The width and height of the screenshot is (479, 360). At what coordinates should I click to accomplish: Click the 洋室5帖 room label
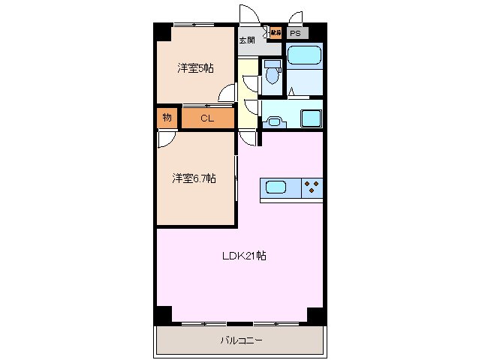coord(195,68)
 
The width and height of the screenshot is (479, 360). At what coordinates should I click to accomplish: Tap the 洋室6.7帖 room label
coord(194,178)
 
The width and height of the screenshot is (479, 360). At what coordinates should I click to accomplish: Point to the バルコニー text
coord(242,340)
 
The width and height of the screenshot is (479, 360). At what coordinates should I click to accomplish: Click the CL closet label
coord(208,118)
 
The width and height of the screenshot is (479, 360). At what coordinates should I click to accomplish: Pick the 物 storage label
coord(167,117)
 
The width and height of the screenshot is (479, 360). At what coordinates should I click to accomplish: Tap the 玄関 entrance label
coord(247,40)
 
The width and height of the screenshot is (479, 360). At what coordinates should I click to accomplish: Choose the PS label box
coord(296,34)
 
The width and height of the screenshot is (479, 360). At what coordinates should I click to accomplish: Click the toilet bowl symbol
coord(272,74)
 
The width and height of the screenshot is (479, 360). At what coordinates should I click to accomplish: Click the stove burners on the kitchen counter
coord(312,187)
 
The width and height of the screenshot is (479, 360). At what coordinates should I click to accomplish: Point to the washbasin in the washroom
coord(276,119)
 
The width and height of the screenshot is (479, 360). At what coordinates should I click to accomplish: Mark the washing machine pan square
coord(310,118)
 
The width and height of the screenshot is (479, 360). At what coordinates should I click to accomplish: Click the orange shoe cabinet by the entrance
coord(275,33)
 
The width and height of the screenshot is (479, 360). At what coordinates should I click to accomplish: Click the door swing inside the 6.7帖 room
coord(167,140)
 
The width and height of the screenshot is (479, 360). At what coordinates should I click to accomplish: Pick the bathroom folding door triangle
coord(292,92)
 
